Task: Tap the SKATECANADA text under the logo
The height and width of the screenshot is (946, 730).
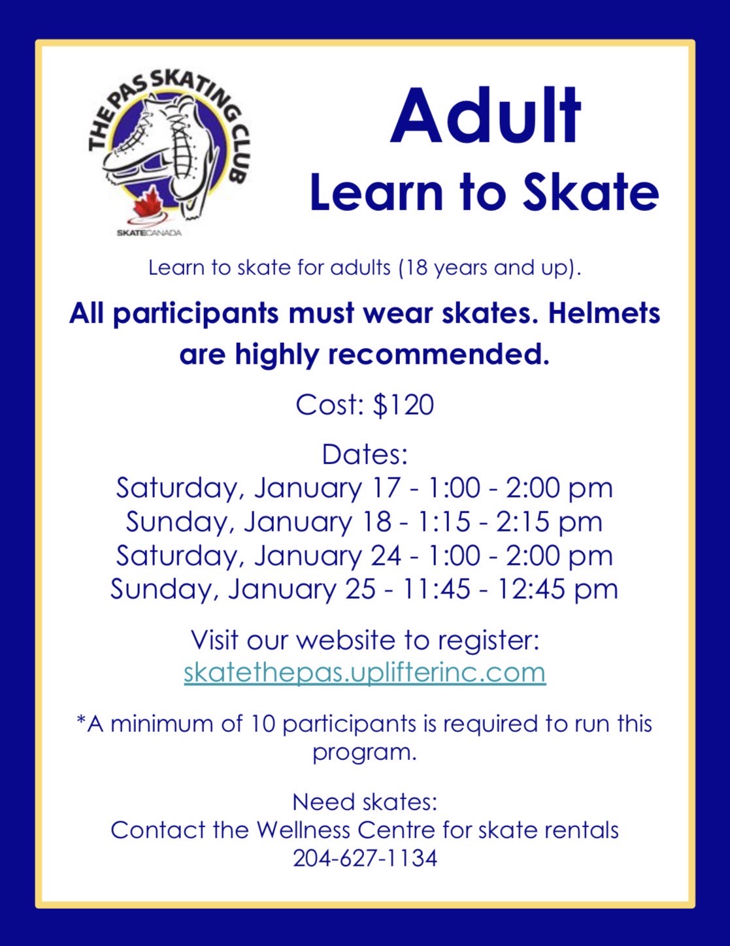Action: [x=149, y=233]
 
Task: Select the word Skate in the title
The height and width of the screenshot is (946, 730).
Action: [x=591, y=191]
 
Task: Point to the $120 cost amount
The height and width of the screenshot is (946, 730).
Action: [x=404, y=405]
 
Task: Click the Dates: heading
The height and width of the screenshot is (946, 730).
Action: [x=365, y=455]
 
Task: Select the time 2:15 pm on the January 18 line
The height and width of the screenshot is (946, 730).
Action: [x=549, y=522]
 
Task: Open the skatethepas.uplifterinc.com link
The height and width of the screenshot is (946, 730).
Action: [x=365, y=673]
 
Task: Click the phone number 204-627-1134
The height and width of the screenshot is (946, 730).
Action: [x=365, y=859]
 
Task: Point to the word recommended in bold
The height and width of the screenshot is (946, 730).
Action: [x=439, y=354]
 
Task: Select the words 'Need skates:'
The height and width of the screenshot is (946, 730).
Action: [x=365, y=802]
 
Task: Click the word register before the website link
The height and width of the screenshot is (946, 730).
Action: [x=489, y=641]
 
